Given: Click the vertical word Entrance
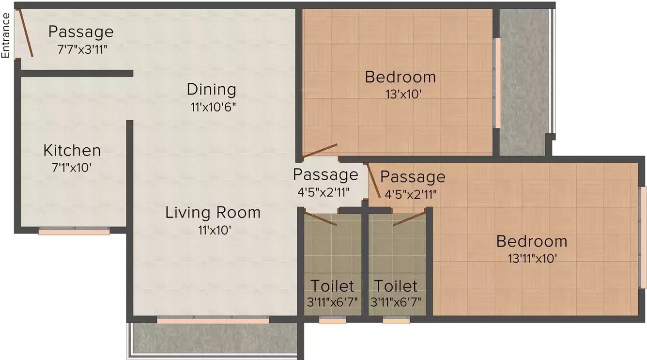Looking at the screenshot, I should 6,35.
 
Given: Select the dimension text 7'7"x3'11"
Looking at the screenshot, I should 80,49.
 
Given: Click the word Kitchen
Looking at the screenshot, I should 72,151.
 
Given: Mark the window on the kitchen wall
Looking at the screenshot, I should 74,232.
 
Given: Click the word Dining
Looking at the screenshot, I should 212,90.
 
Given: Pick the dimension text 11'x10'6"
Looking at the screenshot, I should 213,107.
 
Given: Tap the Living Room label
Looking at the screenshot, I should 213,212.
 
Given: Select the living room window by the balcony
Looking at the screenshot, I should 213,320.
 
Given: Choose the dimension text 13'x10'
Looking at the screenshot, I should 400,94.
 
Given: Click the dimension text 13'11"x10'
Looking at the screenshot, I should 532,258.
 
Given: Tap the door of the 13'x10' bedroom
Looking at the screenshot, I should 320,151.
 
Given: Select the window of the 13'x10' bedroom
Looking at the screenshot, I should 497,83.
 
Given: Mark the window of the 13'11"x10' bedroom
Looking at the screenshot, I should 643,237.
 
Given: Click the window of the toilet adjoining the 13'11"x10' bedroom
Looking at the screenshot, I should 396,320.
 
